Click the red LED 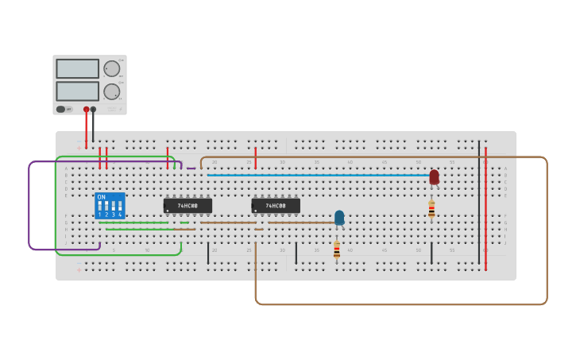coord(434,177)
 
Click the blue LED coord(339,218)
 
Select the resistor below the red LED coord(431,209)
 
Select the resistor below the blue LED coord(336,249)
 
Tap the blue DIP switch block coord(110,206)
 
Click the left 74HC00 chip coord(187,206)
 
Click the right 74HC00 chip coord(276,206)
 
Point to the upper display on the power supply coord(77,68)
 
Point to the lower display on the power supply coord(77,91)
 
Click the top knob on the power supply coord(111,68)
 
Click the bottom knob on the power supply coord(111,91)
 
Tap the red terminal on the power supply coord(86,110)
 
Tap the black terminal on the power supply coord(93,110)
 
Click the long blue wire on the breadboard coord(318,175)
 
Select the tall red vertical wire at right coord(485,207)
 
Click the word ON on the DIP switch coord(101,197)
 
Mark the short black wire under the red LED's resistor coord(431,254)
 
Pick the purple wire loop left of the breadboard coord(29,207)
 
